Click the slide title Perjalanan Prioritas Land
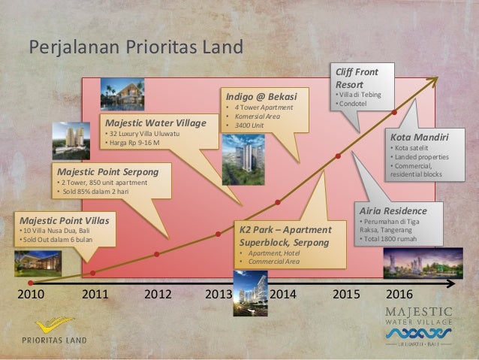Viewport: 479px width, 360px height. pos(136,47)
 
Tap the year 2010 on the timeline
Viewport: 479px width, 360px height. pos(30,294)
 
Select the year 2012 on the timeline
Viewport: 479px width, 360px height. pos(157,294)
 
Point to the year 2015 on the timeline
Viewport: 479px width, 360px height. pos(347,294)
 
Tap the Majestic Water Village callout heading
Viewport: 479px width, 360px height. pos(155,122)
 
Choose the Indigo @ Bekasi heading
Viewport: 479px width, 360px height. pos(262,97)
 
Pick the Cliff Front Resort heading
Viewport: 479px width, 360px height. pos(356,78)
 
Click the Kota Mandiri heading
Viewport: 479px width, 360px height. pos(419,138)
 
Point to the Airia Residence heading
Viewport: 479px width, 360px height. pos(393,211)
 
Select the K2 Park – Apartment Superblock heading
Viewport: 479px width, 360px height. pos(285,235)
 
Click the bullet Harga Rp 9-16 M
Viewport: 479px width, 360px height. pos(137,143)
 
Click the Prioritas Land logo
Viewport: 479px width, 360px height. pos(54,330)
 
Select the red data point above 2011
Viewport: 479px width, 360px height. pos(93,273)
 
